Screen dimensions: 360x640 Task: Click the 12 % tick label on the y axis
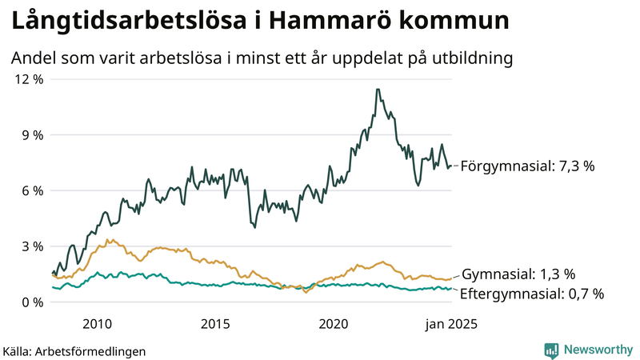(x=26, y=79)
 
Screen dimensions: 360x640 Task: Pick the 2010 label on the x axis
(x=96, y=324)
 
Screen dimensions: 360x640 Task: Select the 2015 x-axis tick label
(x=215, y=324)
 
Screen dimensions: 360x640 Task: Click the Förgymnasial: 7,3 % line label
(x=528, y=166)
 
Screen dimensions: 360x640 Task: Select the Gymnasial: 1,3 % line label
(x=518, y=274)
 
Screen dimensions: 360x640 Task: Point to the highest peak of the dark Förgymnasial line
(x=378, y=90)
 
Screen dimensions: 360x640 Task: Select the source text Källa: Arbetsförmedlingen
(x=74, y=351)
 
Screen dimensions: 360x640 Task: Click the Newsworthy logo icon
(x=551, y=350)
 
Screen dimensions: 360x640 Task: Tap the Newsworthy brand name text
(x=597, y=350)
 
